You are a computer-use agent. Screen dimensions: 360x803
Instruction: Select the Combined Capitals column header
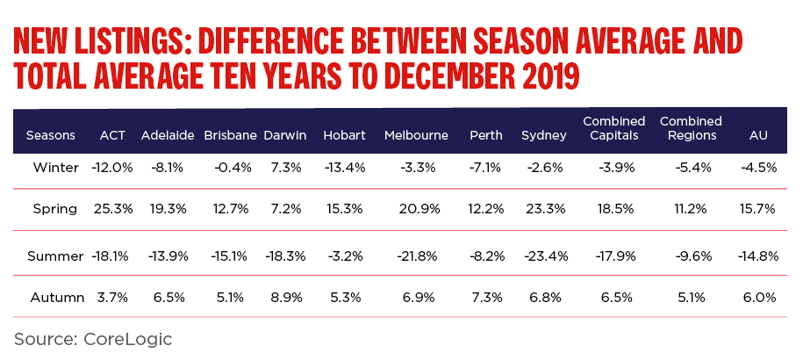pyautogui.click(x=613, y=128)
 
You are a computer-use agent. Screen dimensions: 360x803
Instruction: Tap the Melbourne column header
pyautogui.click(x=416, y=135)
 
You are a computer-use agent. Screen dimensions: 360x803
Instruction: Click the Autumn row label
pyautogui.click(x=55, y=298)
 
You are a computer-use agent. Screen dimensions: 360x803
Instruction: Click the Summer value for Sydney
pyautogui.click(x=545, y=256)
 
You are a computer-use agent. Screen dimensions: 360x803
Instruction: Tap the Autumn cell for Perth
pyautogui.click(x=485, y=298)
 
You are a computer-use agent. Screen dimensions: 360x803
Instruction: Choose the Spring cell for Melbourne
pyautogui.click(x=417, y=209)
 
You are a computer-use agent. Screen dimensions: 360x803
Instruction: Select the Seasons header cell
pyautogui.click(x=50, y=135)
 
